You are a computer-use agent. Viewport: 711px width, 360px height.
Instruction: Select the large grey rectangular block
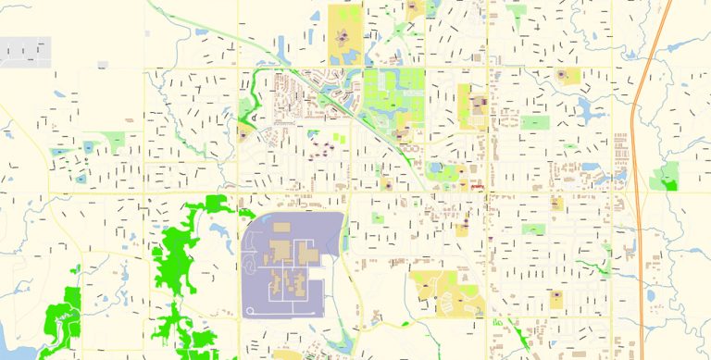pos(25,52)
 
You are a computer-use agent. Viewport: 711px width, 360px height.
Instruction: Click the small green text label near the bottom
pos(501,322)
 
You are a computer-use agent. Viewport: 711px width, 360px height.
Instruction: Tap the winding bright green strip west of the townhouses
pos(251,93)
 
